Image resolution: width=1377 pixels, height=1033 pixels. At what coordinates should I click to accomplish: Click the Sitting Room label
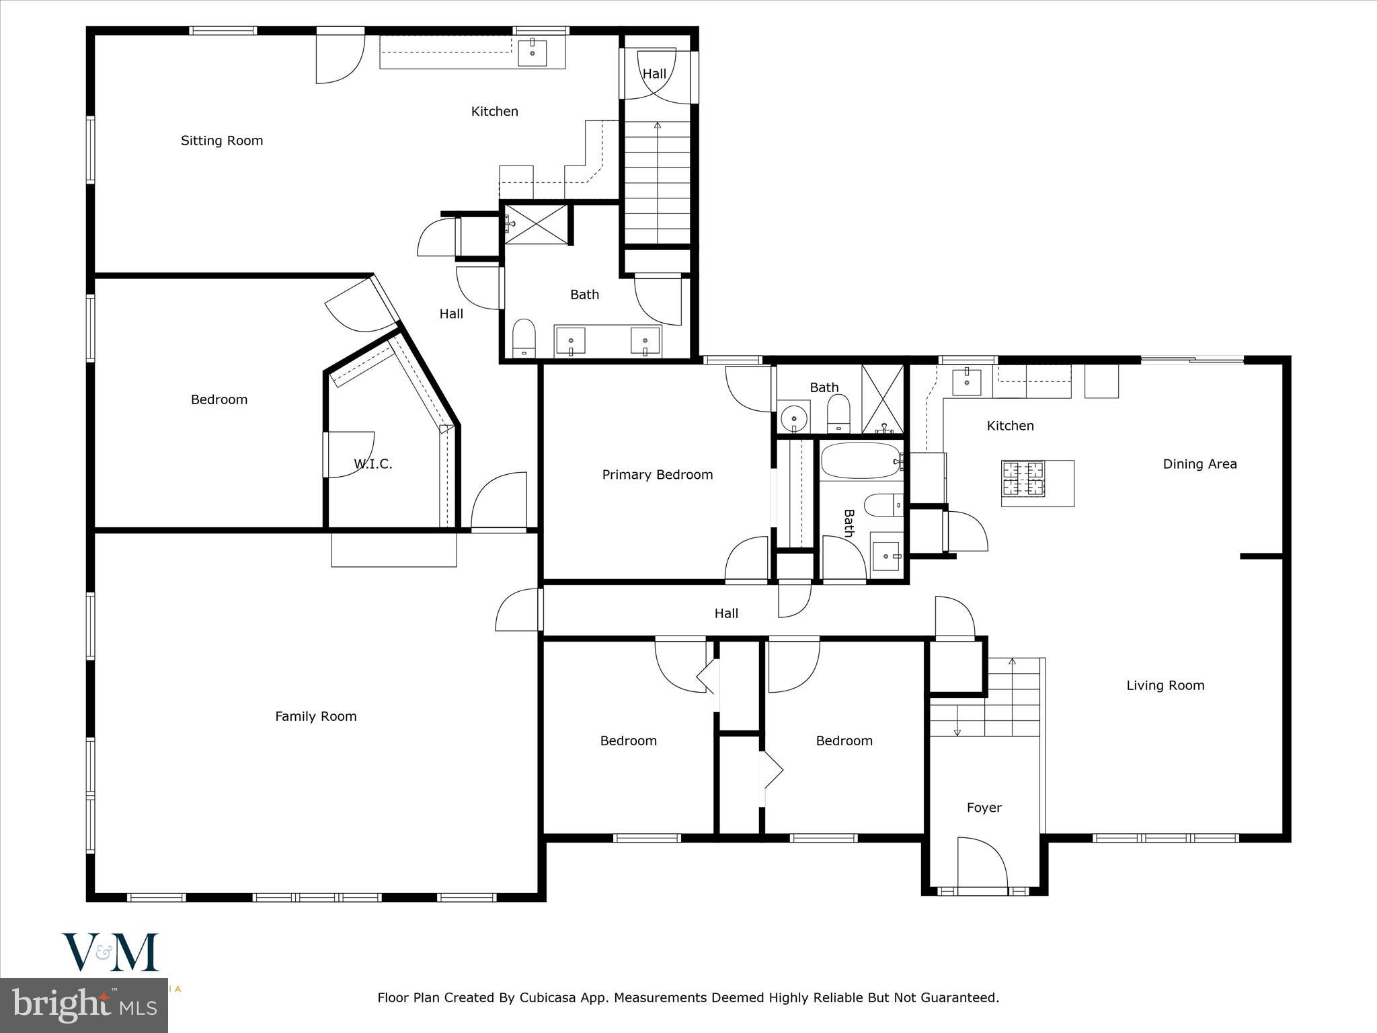click(221, 141)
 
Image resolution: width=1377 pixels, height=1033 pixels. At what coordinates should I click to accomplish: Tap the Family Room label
click(315, 716)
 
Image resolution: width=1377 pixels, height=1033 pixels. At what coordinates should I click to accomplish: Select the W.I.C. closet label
click(372, 464)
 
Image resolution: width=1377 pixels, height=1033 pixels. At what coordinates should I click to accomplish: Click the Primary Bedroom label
click(657, 475)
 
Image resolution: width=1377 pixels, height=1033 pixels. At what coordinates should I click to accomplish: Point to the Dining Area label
click(1199, 464)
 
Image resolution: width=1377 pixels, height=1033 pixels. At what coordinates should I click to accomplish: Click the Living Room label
click(1165, 685)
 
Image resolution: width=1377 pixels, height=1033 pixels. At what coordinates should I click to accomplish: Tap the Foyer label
click(984, 808)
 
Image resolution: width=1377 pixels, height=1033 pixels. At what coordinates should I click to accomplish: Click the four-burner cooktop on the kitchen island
click(1023, 478)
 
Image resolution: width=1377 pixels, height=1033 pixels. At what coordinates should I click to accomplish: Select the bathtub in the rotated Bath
click(860, 461)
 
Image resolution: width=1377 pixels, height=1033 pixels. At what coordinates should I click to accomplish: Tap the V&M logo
click(110, 952)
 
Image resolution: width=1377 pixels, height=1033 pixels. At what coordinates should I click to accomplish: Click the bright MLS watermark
click(83, 1005)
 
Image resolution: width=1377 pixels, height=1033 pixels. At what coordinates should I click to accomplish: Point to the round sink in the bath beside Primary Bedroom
click(795, 416)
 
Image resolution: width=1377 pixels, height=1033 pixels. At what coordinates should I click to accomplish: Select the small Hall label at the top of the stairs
click(654, 74)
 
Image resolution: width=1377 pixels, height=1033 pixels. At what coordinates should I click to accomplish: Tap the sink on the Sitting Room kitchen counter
click(532, 52)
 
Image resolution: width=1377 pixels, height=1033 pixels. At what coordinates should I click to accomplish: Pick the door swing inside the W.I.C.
click(350, 455)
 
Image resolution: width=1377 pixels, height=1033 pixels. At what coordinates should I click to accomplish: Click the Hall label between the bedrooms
click(725, 613)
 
